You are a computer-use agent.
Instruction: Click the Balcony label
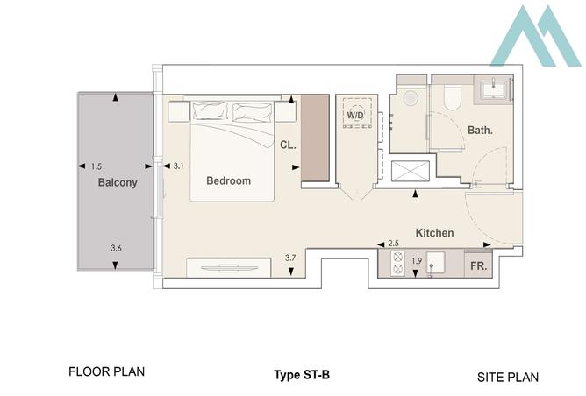[x=118, y=183]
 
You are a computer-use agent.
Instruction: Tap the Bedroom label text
[x=228, y=181]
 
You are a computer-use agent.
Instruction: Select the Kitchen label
[x=434, y=233]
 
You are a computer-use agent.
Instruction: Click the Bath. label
[x=479, y=131]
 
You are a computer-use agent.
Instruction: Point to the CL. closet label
[x=287, y=146]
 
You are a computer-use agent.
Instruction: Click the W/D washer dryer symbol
[x=355, y=116]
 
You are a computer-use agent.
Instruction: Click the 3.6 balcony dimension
[x=116, y=249]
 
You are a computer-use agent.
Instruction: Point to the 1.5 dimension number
[x=96, y=166]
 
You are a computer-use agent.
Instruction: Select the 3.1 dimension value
[x=178, y=166]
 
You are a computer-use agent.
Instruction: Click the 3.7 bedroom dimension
[x=290, y=258]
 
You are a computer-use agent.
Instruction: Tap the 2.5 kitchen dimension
[x=393, y=243]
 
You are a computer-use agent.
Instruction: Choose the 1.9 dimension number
[x=416, y=261]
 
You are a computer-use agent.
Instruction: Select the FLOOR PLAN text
[x=106, y=371]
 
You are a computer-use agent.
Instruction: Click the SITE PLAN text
[x=508, y=377]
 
